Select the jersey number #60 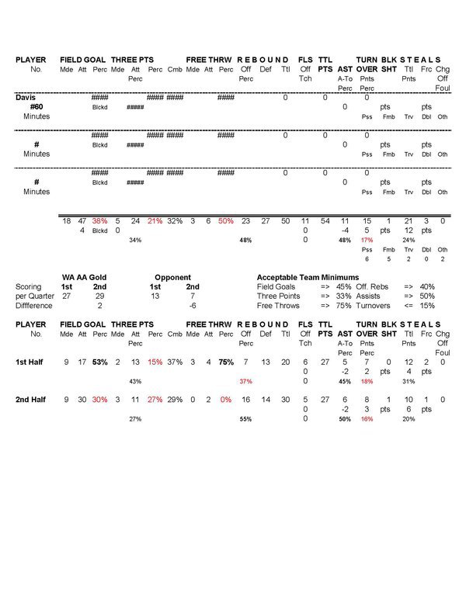(30, 107)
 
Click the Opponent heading (172, 277)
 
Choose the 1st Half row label (31, 362)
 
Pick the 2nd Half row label (31, 400)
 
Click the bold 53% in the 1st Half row (99, 362)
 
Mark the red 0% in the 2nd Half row (226, 400)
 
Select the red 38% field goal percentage (99, 221)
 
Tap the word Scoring (29, 286)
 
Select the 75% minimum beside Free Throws (343, 306)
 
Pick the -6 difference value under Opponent (192, 306)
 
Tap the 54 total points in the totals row (325, 221)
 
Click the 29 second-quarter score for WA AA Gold (99, 296)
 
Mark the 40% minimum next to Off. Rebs (427, 286)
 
